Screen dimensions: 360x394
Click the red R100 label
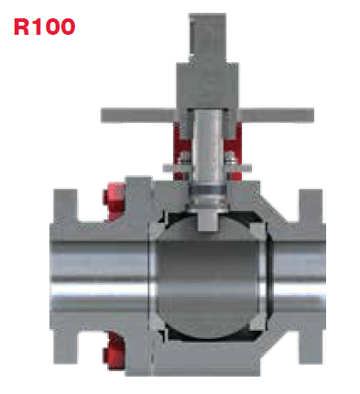point(45,27)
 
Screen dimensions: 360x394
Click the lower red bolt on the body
point(115,351)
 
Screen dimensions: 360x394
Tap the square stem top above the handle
point(208,38)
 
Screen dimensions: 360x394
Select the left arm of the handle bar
point(138,115)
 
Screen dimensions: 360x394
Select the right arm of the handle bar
point(277,115)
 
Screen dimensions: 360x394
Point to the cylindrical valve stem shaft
point(208,147)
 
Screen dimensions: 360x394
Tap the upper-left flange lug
point(65,205)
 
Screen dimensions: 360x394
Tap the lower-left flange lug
point(65,347)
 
